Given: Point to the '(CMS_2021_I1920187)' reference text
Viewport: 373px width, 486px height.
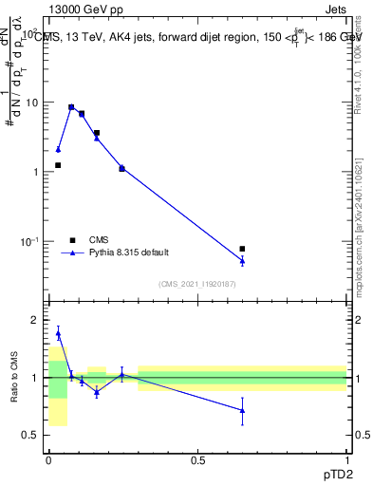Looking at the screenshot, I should click(x=197, y=282).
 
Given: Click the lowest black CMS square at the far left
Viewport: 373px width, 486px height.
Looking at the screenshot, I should click(x=58, y=165).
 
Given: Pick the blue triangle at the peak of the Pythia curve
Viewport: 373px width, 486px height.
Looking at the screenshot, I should click(x=71, y=107).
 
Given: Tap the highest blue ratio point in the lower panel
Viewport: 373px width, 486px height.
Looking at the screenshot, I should click(x=58, y=333).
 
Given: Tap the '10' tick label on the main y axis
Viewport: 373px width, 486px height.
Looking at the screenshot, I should click(x=32, y=102).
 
